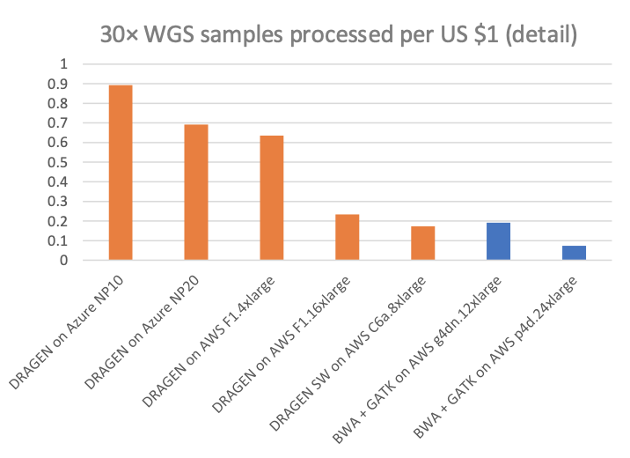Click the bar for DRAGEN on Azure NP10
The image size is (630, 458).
click(120, 173)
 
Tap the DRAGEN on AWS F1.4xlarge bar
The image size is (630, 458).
click(271, 197)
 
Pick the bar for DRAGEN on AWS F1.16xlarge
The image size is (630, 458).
click(347, 237)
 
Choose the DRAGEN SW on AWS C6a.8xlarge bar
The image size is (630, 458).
click(422, 243)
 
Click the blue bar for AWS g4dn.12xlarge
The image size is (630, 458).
click(498, 241)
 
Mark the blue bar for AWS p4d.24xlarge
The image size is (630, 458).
click(574, 253)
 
